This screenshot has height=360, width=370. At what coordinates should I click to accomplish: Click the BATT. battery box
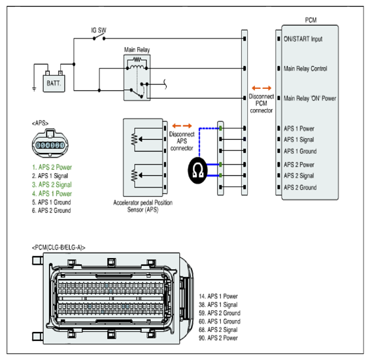54,83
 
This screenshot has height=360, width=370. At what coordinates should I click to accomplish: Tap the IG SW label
99,30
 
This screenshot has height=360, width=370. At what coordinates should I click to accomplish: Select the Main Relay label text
137,50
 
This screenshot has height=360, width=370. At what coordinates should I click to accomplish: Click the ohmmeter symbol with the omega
197,171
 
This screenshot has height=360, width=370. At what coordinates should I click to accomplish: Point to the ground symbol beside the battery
34,89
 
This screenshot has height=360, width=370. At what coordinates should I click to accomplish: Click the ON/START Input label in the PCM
303,39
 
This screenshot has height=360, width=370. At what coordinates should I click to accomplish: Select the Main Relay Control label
305,69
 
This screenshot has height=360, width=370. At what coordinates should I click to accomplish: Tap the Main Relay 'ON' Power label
310,98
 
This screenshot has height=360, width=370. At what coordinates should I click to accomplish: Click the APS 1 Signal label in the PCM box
299,140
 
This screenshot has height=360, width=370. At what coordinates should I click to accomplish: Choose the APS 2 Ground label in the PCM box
300,188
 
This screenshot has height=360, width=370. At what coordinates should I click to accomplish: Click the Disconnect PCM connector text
261,103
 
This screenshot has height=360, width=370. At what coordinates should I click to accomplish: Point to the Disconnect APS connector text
182,141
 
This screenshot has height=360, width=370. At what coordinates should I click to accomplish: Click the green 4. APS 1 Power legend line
52,193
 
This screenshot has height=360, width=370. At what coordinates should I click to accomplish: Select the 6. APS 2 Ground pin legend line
52,210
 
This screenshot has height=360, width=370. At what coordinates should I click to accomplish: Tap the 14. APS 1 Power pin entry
218,297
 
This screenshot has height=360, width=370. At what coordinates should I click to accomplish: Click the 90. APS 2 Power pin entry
218,338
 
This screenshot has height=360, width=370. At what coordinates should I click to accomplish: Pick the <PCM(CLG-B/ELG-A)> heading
59,248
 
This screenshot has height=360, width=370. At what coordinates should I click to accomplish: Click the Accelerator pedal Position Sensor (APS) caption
143,206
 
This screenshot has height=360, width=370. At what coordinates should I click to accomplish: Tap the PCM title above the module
311,20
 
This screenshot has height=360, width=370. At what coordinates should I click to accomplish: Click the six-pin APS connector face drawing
50,143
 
